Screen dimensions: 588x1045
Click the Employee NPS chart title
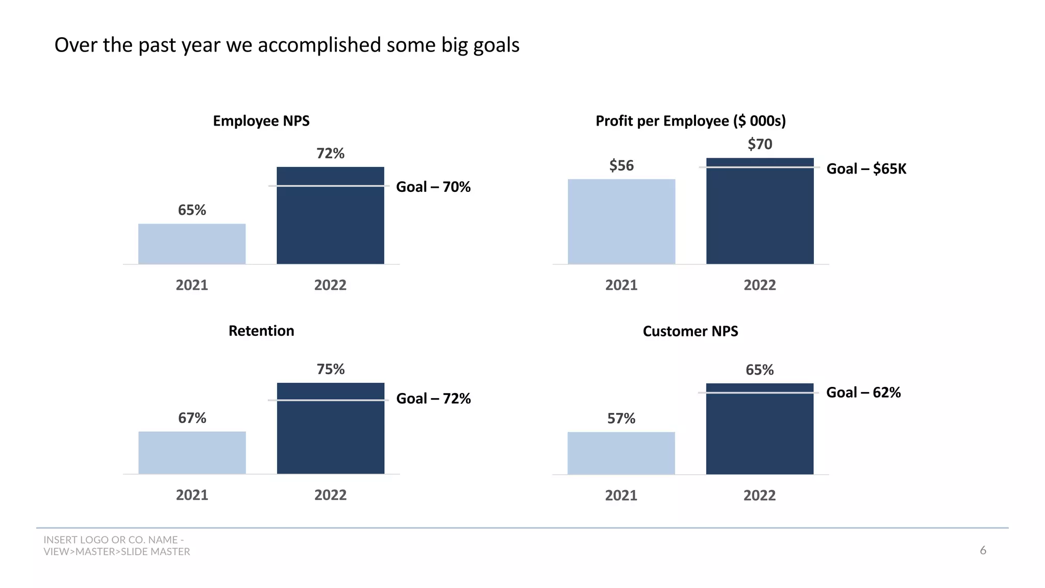pos(261,121)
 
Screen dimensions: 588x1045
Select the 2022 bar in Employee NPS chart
pos(330,225)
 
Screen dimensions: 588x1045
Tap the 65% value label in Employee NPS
pos(192,210)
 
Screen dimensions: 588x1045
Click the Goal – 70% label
pos(433,187)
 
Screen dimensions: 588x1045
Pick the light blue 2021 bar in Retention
pos(192,453)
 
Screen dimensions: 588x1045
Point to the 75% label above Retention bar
pos(331,369)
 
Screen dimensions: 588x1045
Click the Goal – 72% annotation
pos(433,398)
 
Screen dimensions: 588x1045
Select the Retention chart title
pos(261,331)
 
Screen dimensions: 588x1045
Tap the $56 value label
pos(621,165)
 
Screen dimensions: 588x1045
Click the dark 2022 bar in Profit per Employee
pos(760,219)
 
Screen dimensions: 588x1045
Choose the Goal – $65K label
pos(866,168)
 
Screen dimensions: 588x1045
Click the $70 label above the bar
pos(760,144)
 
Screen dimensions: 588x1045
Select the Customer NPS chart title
pos(690,331)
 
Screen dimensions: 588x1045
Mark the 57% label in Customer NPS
pos(621,419)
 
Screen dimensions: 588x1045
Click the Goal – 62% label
pos(863,392)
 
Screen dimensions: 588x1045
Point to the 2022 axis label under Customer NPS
pos(759,495)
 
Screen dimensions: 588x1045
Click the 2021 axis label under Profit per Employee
pos(621,285)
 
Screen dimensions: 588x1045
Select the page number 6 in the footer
pos(983,550)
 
